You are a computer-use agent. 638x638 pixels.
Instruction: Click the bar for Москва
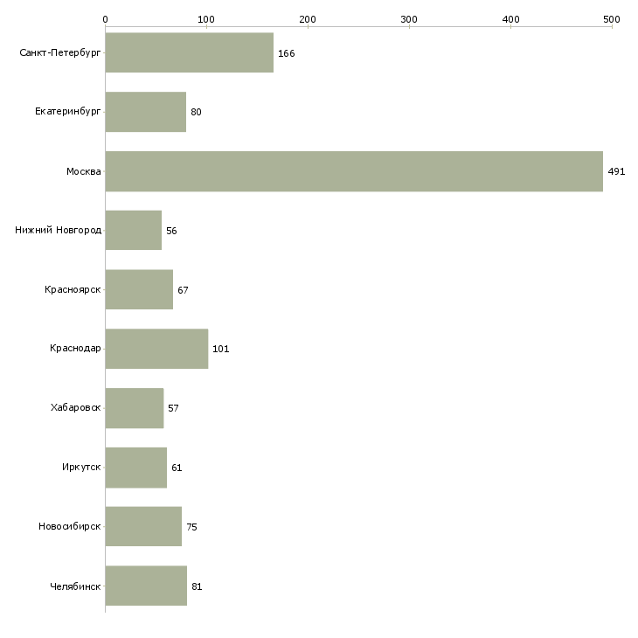coord(354,171)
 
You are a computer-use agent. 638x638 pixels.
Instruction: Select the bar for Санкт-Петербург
coord(189,52)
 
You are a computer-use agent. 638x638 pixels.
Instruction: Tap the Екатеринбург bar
coord(146,112)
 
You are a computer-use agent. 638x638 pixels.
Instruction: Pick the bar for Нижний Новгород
coord(134,231)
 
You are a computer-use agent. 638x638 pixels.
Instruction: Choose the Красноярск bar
coord(139,289)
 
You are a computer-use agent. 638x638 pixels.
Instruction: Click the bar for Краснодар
coord(156,349)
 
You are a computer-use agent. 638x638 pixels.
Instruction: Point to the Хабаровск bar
coord(135,408)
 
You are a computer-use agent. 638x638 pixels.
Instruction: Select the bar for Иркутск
coord(135,468)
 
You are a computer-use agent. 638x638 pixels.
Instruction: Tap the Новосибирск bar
coord(143,526)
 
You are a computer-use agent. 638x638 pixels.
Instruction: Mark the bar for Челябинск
coord(146,586)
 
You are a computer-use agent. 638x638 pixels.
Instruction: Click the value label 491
coord(616,171)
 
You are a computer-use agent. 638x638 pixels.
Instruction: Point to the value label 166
coord(287,53)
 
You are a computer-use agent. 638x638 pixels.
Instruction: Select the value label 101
coord(221,349)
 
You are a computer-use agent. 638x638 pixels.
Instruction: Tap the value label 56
coord(171,231)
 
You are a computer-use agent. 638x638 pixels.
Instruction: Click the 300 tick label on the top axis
coord(409,19)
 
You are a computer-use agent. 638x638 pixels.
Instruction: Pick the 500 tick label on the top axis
coord(612,19)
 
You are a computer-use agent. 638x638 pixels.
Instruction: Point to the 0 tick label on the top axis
coord(106,19)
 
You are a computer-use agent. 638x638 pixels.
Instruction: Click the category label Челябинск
coord(75,586)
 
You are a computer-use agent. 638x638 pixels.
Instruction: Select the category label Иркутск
coord(81,467)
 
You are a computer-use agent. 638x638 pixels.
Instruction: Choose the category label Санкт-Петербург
coord(60,53)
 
